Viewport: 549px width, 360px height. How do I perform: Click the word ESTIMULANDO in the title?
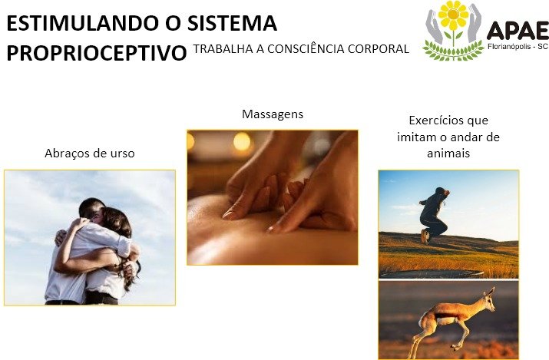tap(83, 24)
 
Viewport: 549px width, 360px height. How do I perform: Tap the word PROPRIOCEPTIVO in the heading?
tap(97, 53)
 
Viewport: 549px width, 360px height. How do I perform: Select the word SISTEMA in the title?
tap(232, 24)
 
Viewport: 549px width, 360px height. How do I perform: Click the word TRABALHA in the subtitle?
tap(223, 49)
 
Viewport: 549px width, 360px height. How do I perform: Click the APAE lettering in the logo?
tap(518, 30)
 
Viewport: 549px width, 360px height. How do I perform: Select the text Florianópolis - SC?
tap(518, 46)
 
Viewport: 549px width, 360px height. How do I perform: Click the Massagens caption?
tap(273, 114)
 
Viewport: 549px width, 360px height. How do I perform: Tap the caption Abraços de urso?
tap(90, 154)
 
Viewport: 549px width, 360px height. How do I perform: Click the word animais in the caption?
tap(448, 154)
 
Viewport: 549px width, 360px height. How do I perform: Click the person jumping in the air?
tap(434, 215)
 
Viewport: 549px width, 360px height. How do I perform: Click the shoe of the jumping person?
tap(425, 237)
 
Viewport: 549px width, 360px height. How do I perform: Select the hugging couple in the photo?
tap(93, 251)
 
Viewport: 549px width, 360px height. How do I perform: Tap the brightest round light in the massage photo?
tap(242, 141)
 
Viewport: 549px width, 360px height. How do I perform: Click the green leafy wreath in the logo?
tap(453, 51)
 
